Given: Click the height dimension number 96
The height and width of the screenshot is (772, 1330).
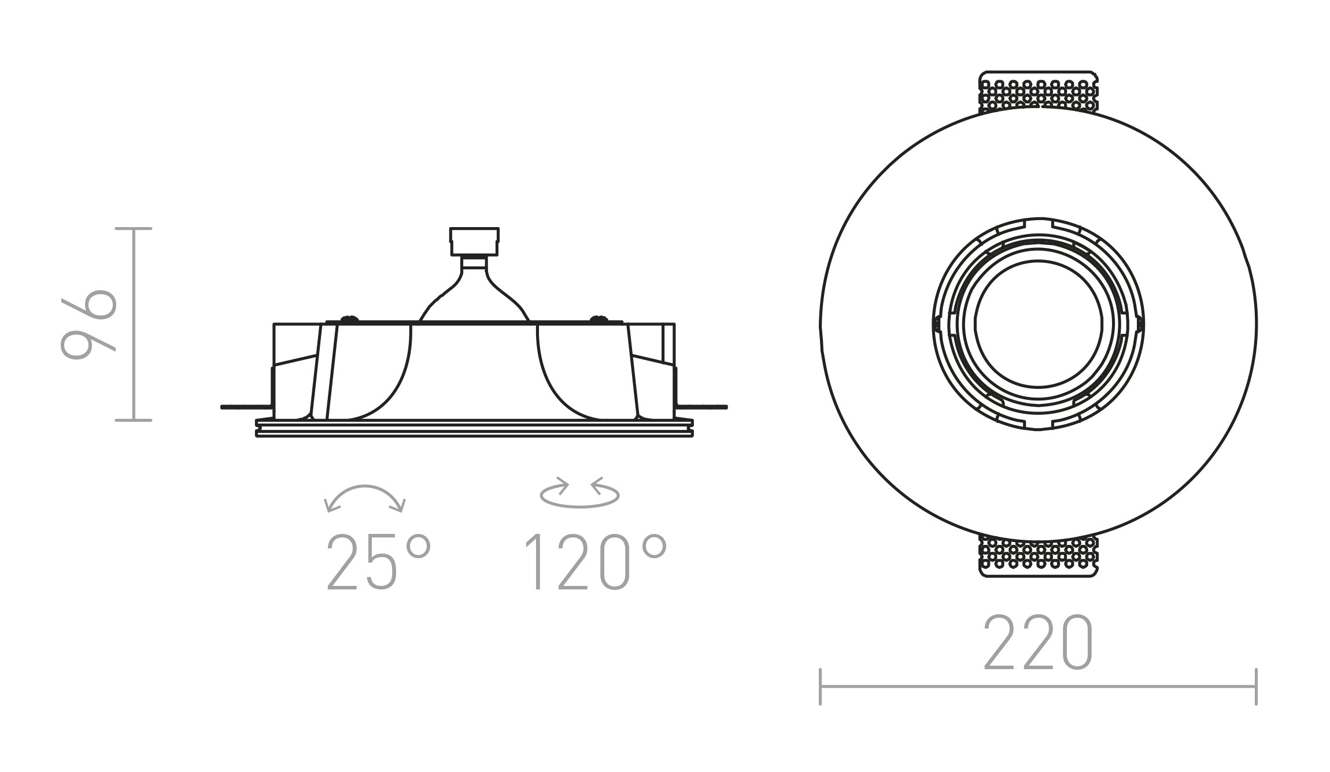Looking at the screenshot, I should point(88,324).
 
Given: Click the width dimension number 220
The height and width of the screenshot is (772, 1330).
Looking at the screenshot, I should point(1038,643).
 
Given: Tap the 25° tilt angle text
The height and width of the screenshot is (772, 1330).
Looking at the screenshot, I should point(379,562).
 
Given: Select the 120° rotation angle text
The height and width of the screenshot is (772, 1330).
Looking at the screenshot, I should point(596,562).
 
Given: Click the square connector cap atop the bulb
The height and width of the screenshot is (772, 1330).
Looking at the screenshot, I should point(474,241).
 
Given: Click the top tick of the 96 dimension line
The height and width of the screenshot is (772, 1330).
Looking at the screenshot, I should point(134,229).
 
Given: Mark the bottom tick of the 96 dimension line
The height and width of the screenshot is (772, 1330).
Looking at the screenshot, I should point(134,420).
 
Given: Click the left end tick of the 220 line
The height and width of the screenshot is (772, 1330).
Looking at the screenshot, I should point(821,686).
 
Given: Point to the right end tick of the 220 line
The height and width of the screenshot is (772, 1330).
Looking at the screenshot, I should point(1256,686).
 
